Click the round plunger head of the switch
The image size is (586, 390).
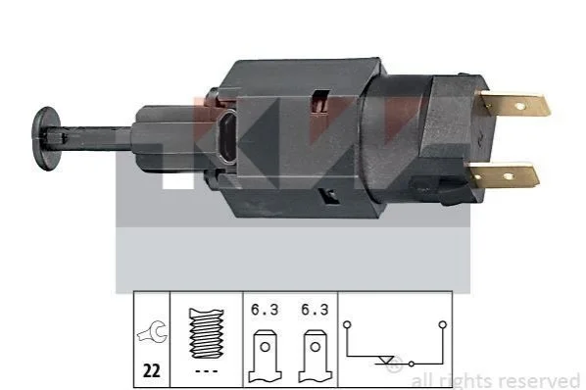(46, 138)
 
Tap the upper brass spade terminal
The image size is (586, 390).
(515, 105)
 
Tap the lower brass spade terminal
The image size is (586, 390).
(504, 175)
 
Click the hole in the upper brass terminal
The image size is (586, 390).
(519, 107)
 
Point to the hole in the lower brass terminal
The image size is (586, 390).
(509, 176)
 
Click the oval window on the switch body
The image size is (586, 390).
(227, 137)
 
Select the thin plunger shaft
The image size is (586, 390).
(90, 139)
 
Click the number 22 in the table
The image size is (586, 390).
(152, 371)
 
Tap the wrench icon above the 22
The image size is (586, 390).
(151, 331)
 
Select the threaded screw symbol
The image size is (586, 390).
(207, 333)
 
